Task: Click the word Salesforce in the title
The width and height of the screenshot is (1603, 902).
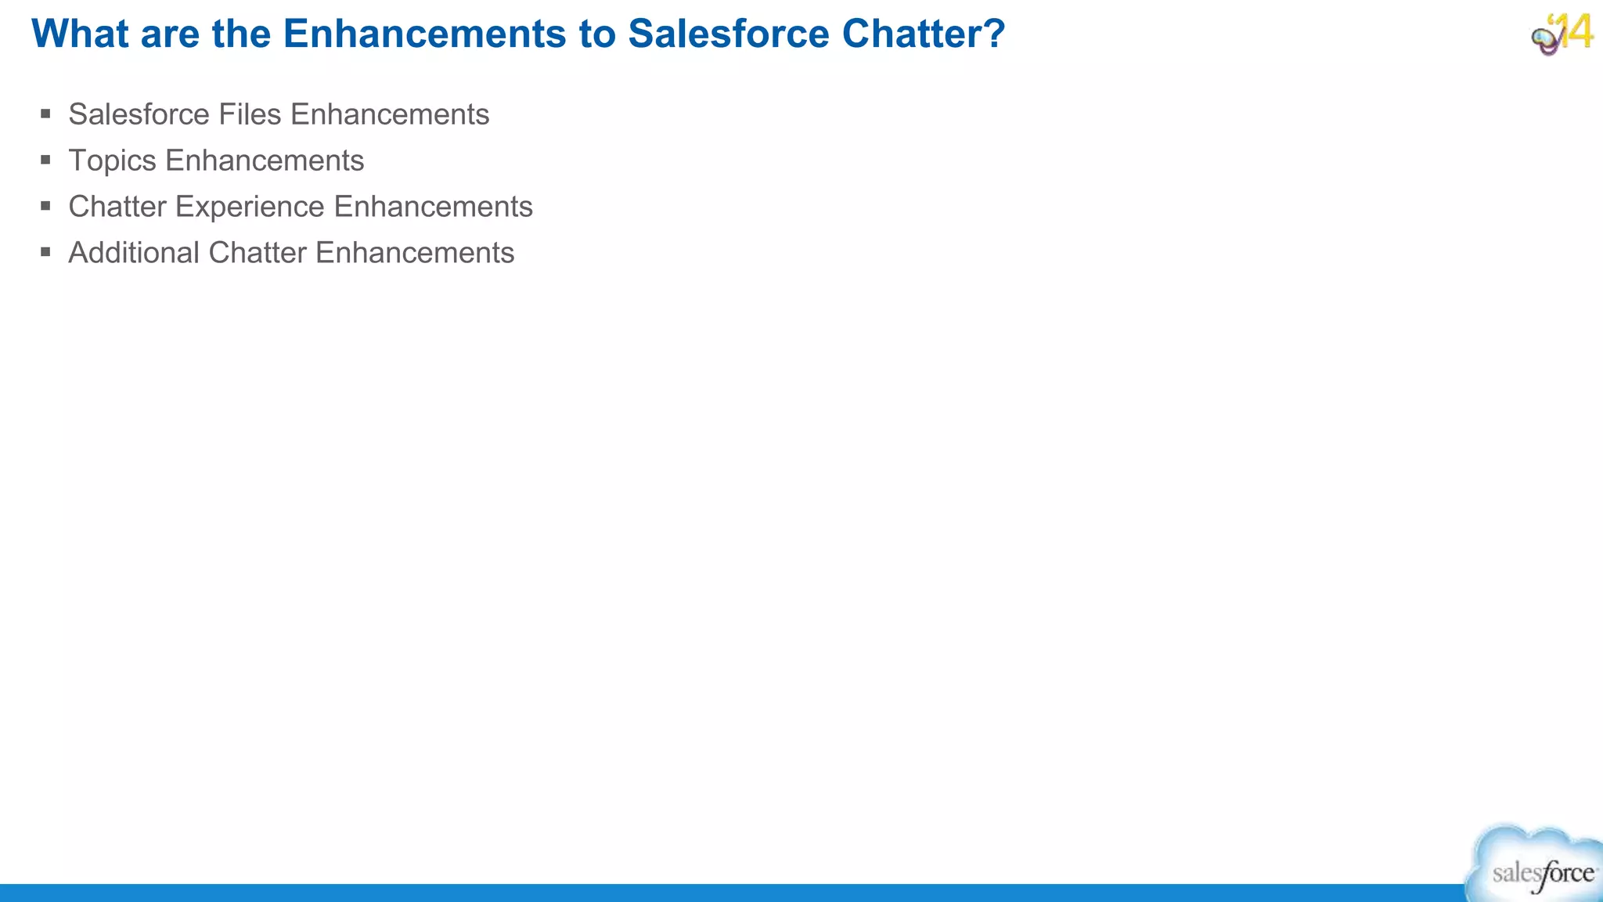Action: point(728,34)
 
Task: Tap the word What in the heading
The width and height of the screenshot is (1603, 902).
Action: point(81,34)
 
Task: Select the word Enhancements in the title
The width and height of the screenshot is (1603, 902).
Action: point(424,34)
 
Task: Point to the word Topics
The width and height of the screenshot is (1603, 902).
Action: point(113,161)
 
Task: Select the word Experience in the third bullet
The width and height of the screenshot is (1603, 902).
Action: point(250,207)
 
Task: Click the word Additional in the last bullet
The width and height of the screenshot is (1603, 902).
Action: point(134,253)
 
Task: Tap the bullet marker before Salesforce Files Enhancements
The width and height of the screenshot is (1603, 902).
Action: point(45,114)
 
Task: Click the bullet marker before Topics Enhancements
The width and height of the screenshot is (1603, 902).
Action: point(45,161)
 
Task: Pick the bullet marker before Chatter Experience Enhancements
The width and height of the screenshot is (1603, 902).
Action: point(45,207)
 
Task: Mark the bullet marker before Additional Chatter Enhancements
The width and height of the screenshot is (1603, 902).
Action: point(45,253)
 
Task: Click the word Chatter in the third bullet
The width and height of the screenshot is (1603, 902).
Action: point(117,207)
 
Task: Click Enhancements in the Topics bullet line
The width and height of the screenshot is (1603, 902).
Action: point(265,161)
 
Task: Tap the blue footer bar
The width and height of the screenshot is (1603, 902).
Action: point(704,893)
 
